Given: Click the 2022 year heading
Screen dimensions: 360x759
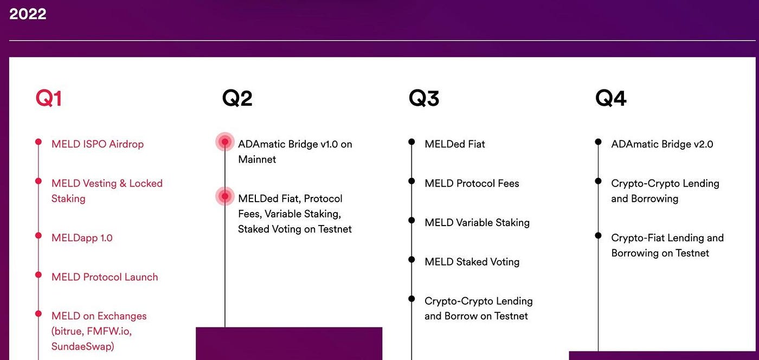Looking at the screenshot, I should [28, 14].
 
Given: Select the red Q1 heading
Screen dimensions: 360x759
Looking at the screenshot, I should [49, 99].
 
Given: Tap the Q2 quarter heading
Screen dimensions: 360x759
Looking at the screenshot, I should [237, 99].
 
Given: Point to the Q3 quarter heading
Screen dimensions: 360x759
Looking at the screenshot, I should [424, 99].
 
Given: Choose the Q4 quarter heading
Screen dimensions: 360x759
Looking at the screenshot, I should [611, 99].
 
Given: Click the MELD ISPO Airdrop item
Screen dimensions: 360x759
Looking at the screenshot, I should [98, 144].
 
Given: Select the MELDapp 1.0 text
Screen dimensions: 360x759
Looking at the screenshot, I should [82, 238].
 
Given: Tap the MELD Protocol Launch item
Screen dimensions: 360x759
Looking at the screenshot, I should [105, 277].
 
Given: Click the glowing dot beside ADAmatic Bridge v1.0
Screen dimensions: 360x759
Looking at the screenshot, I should [224, 142].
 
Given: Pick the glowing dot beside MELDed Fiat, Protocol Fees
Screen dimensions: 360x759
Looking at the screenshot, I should [224, 196].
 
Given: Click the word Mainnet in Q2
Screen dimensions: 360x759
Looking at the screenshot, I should [257, 159].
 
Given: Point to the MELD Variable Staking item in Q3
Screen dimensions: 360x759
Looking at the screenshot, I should [477, 223].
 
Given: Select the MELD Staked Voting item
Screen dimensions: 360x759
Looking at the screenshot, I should [472, 262].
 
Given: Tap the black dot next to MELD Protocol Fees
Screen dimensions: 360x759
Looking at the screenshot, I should [411, 181].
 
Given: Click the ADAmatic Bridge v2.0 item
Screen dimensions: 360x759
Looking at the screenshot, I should [662, 144].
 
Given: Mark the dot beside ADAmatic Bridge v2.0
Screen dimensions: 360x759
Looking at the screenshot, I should [598, 142].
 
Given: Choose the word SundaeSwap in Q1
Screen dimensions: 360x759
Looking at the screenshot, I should [83, 346].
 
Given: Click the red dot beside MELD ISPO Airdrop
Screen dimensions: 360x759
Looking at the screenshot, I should [38, 142].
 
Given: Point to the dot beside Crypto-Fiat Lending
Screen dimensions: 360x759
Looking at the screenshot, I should [598, 235].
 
